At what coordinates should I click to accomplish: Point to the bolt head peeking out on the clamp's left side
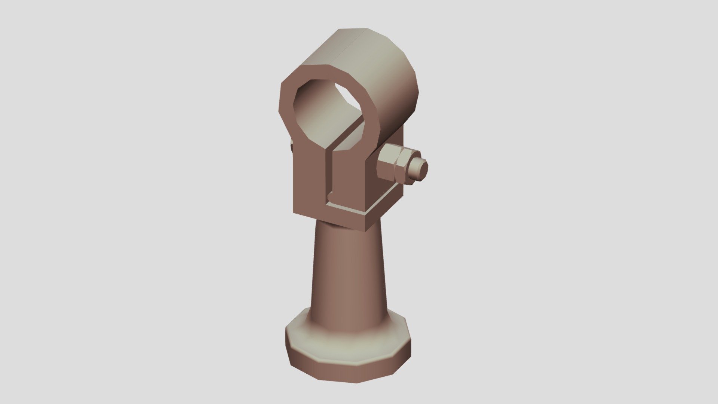click(x=291, y=147)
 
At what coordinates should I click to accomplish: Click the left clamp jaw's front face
click(x=309, y=176)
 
